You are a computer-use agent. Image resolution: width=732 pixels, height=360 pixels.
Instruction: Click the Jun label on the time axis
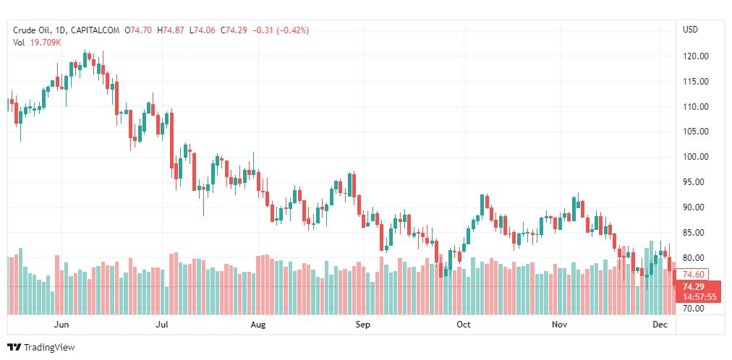tap(61, 325)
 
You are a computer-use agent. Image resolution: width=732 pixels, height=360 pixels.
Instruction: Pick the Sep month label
tap(363, 325)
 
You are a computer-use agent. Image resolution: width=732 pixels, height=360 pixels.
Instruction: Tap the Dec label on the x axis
tap(659, 325)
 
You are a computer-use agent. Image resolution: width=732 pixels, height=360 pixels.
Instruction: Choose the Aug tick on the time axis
tap(258, 325)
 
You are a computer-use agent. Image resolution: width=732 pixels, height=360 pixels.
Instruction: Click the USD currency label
tap(690, 30)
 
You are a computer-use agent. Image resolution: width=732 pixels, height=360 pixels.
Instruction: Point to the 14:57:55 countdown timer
tap(699, 297)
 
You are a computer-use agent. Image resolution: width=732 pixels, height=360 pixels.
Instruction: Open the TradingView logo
tap(41, 348)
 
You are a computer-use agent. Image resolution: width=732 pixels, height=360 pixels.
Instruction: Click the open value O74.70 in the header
tap(140, 30)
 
